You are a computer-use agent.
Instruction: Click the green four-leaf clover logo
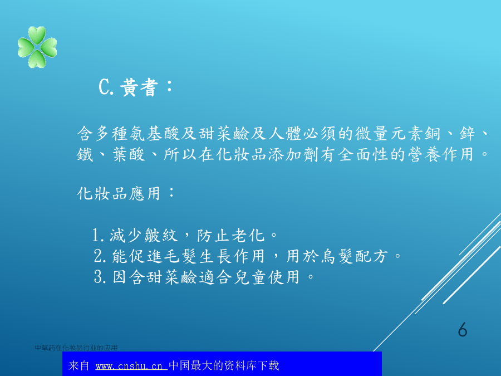(x=37, y=47)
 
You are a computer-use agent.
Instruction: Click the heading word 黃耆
(x=139, y=87)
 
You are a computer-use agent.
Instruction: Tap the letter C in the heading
(x=104, y=87)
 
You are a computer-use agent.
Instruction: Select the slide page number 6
(x=463, y=329)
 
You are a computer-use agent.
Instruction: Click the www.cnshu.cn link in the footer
(x=130, y=366)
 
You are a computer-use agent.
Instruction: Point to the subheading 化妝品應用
(x=119, y=193)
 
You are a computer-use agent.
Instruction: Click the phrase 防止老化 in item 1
(x=230, y=235)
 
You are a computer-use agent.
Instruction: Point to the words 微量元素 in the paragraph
(x=389, y=134)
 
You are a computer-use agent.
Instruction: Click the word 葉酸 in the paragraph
(x=129, y=154)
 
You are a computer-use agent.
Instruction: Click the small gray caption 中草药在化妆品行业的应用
(x=76, y=348)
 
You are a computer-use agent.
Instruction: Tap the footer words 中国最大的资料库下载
(x=224, y=365)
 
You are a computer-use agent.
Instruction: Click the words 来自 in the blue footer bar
(x=78, y=365)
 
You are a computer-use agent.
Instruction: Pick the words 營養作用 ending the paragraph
(x=441, y=154)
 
